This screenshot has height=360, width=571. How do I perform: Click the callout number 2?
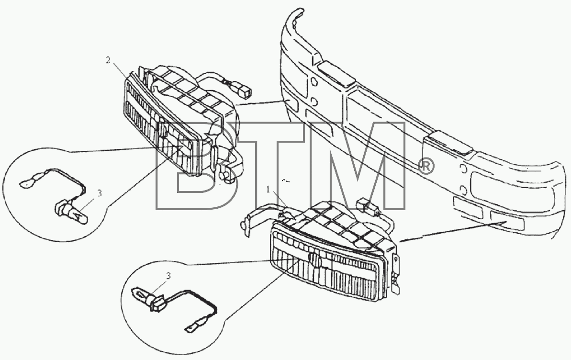(108, 60)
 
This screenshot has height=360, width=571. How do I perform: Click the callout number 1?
(269, 190)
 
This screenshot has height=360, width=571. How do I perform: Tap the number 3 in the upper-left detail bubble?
(99, 193)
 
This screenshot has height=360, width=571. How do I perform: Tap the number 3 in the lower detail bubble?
(168, 276)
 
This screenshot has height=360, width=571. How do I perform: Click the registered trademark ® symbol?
(425, 167)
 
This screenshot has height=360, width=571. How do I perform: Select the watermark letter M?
(350, 166)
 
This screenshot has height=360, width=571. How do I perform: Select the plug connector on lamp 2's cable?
(245, 91)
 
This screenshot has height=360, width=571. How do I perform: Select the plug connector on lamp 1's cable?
(369, 207)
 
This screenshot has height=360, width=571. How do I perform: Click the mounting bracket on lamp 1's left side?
(255, 219)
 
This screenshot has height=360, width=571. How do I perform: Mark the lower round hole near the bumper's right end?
(464, 190)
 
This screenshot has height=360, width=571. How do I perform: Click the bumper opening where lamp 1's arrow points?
(507, 220)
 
